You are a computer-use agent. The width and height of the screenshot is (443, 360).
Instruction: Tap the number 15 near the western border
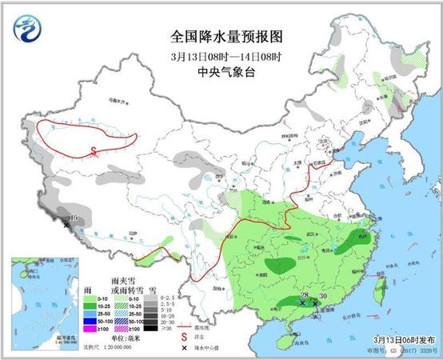(74, 218)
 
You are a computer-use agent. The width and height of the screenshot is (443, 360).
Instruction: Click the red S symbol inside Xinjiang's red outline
(94, 150)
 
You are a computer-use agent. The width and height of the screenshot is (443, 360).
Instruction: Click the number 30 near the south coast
(323, 298)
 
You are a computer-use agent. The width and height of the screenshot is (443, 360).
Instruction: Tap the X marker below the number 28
(301, 302)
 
